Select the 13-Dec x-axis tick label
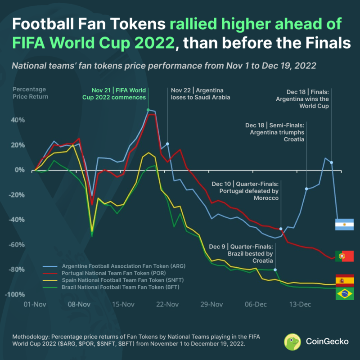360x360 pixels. point(300,305)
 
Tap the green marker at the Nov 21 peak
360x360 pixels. point(148,110)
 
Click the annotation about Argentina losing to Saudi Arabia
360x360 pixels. point(200,94)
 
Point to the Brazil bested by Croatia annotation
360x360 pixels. point(241,253)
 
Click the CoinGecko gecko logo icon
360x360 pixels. point(292,341)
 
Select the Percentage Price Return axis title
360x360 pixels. point(31,93)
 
